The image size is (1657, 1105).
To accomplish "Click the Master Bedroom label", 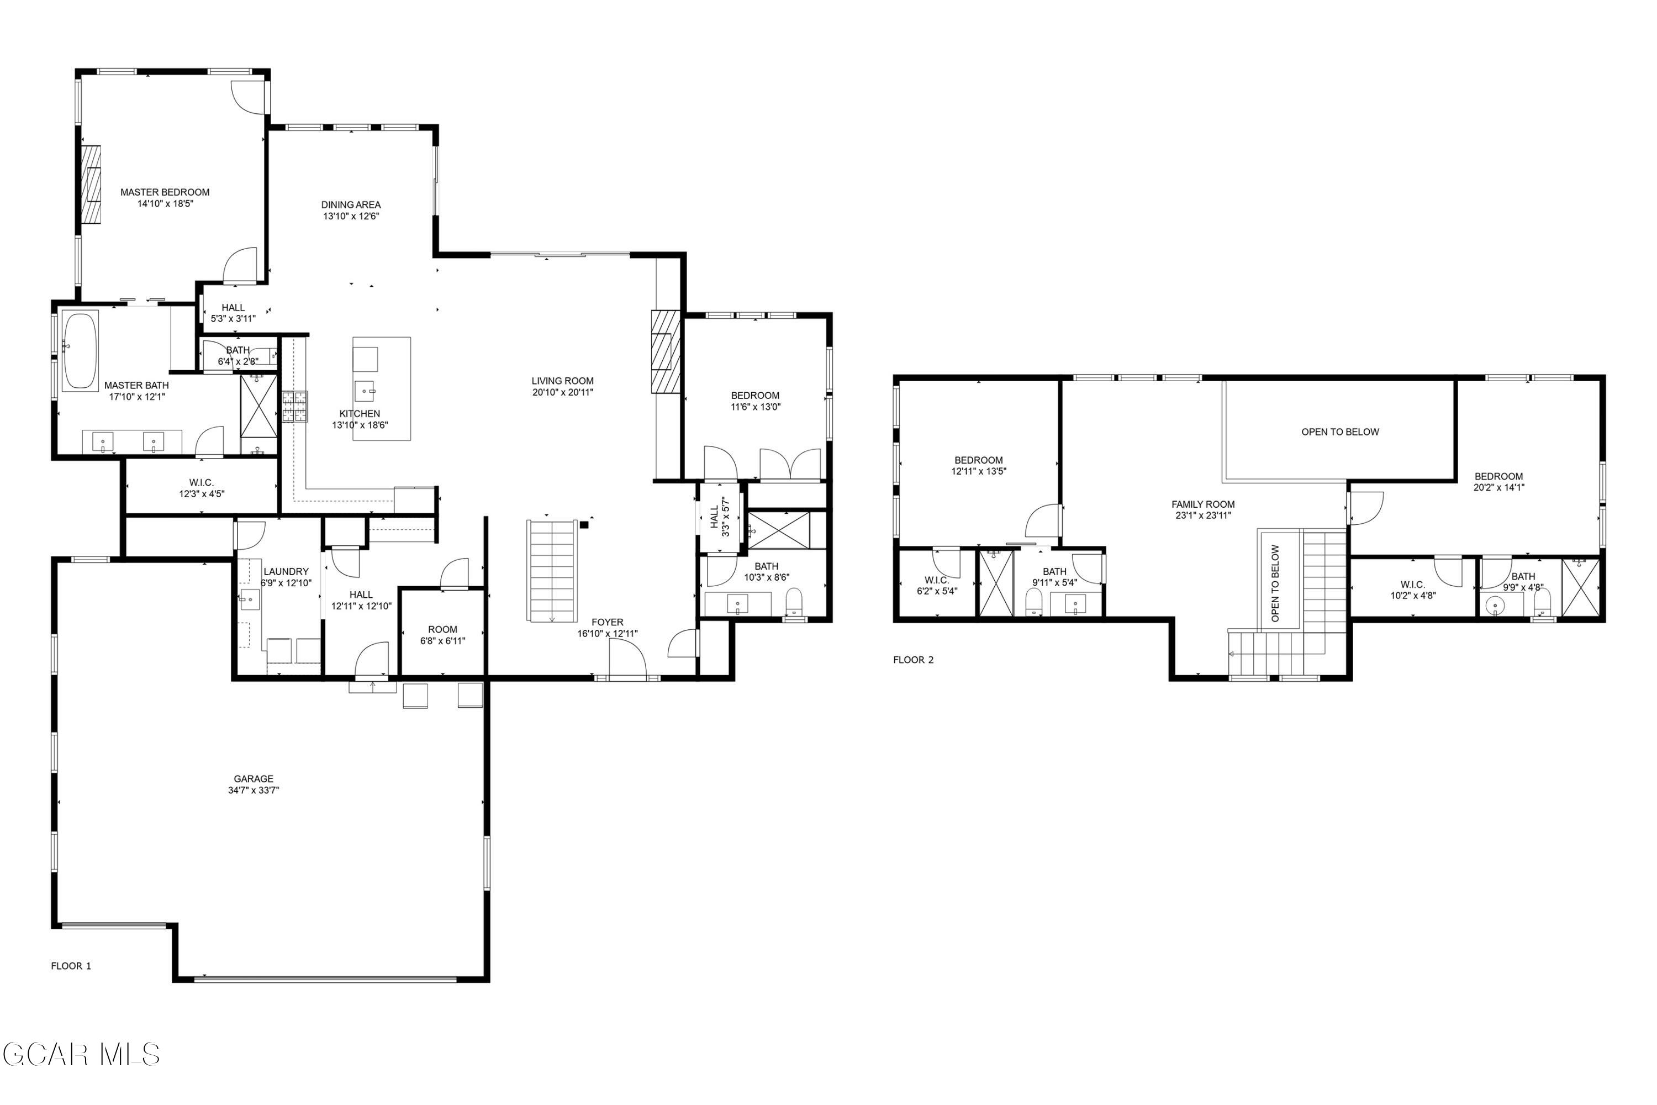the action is (165, 192).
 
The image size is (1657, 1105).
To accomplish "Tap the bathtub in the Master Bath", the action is (81, 350).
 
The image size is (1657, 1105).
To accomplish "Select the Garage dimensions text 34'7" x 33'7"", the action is (254, 791).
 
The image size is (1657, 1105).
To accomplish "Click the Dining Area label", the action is (351, 205).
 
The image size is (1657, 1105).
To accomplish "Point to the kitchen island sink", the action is (365, 390).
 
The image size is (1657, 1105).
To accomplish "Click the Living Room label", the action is (562, 381).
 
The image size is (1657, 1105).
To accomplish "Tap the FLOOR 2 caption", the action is (913, 660).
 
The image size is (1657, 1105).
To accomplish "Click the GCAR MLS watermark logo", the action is (81, 1055).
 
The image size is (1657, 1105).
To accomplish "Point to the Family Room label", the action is (1202, 504).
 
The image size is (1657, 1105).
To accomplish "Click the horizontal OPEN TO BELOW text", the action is (1340, 432).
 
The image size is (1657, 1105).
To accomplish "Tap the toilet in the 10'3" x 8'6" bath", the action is (794, 603).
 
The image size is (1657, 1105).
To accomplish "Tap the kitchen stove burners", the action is (295, 407).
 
